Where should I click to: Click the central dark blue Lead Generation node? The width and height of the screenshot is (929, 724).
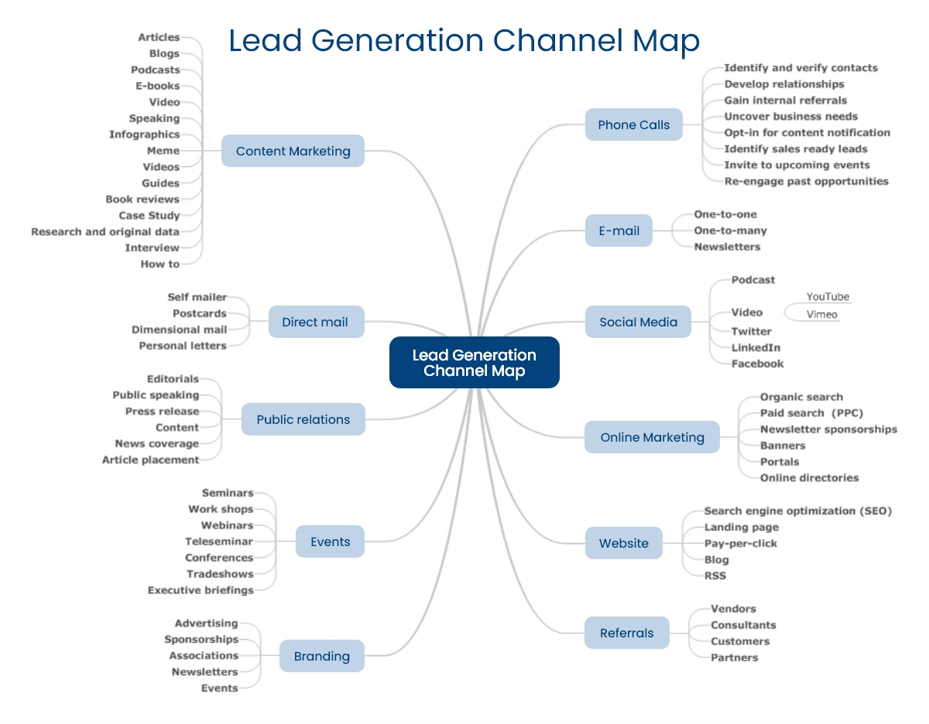pos(474,363)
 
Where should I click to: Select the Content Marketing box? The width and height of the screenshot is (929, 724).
pos(293,151)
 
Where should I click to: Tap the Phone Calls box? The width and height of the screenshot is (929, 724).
pos(633,125)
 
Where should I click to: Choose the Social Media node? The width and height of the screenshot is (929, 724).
pos(638,322)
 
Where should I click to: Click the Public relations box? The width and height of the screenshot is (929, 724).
pos(303,419)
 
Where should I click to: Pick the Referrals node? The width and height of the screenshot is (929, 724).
pos(626,633)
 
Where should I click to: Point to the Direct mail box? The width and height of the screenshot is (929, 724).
pos(314,322)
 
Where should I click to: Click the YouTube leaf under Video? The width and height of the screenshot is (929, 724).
pos(828,297)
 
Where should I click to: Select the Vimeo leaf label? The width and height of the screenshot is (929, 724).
pos(821,315)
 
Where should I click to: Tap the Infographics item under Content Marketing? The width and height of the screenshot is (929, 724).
pos(144,135)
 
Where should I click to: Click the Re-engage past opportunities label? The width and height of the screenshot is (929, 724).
pos(806,181)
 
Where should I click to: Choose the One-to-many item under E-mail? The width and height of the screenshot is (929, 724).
pos(730,231)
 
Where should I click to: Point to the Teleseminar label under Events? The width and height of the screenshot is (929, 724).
pos(218,541)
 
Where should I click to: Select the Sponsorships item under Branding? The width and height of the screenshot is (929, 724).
pos(201,640)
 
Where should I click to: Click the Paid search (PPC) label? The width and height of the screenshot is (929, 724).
pos(811,413)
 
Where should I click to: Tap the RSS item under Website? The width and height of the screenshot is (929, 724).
pos(715,575)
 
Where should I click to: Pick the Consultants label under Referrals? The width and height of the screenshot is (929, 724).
pos(742,625)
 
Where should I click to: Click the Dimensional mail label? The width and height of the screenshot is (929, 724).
pos(179,330)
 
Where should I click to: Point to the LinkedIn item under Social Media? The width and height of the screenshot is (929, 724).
pos(756,348)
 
